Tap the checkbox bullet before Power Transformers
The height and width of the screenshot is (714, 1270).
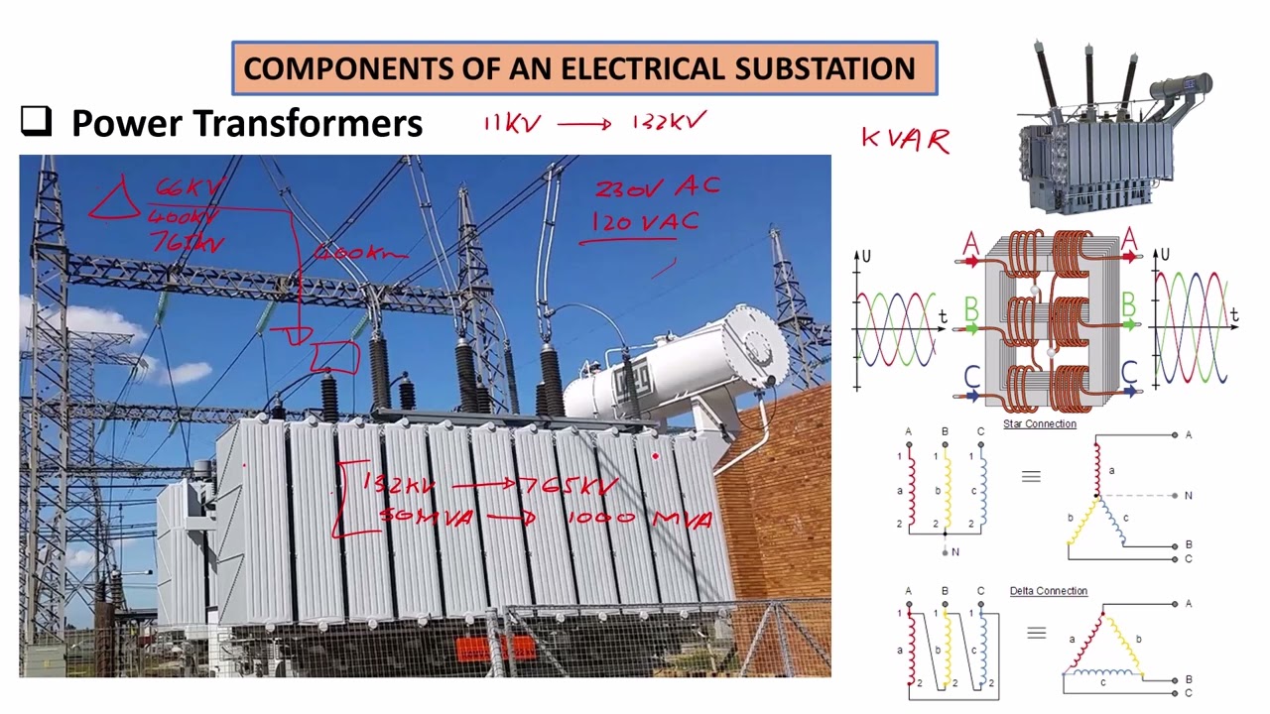pyautogui.click(x=36, y=121)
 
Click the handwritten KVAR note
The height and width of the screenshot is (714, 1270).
pyautogui.click(x=906, y=140)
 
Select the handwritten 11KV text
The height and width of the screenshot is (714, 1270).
pyautogui.click(x=512, y=123)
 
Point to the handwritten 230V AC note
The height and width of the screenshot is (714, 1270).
pyautogui.click(x=657, y=187)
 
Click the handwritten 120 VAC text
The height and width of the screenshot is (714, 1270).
pyautogui.click(x=646, y=222)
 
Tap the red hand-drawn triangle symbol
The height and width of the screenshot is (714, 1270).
pyautogui.click(x=117, y=199)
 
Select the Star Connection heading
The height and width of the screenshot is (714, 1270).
pyautogui.click(x=1039, y=424)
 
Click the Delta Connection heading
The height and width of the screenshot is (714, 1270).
pyautogui.click(x=1048, y=591)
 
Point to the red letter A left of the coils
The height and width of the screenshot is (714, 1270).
pyautogui.click(x=970, y=244)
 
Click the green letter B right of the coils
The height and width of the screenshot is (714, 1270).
pyautogui.click(x=1128, y=304)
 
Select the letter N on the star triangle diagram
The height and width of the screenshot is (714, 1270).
pyautogui.click(x=1189, y=495)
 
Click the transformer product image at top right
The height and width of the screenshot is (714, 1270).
pyautogui.click(x=1111, y=129)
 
